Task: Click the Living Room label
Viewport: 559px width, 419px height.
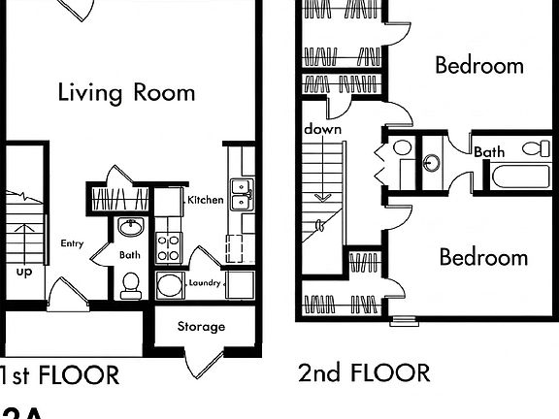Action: pos(126,93)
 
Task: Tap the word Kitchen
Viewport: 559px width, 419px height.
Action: pos(206,200)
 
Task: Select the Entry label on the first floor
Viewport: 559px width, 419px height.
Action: pos(72,243)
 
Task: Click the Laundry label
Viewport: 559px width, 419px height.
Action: pos(206,283)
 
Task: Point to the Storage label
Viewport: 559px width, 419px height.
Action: pos(201,327)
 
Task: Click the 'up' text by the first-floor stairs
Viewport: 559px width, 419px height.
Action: pos(23,272)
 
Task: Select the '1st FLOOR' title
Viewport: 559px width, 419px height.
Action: pos(60,374)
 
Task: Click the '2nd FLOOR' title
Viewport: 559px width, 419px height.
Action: pos(364,372)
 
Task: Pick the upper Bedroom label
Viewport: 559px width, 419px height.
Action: pos(478,66)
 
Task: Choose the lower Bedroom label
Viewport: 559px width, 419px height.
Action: pos(482,257)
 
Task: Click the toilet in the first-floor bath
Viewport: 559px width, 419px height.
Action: pos(130,284)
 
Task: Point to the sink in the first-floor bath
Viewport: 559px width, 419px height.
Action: pos(131,228)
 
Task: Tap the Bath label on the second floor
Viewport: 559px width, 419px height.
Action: pos(489,151)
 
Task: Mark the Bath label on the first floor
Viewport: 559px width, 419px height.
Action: pos(129,256)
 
